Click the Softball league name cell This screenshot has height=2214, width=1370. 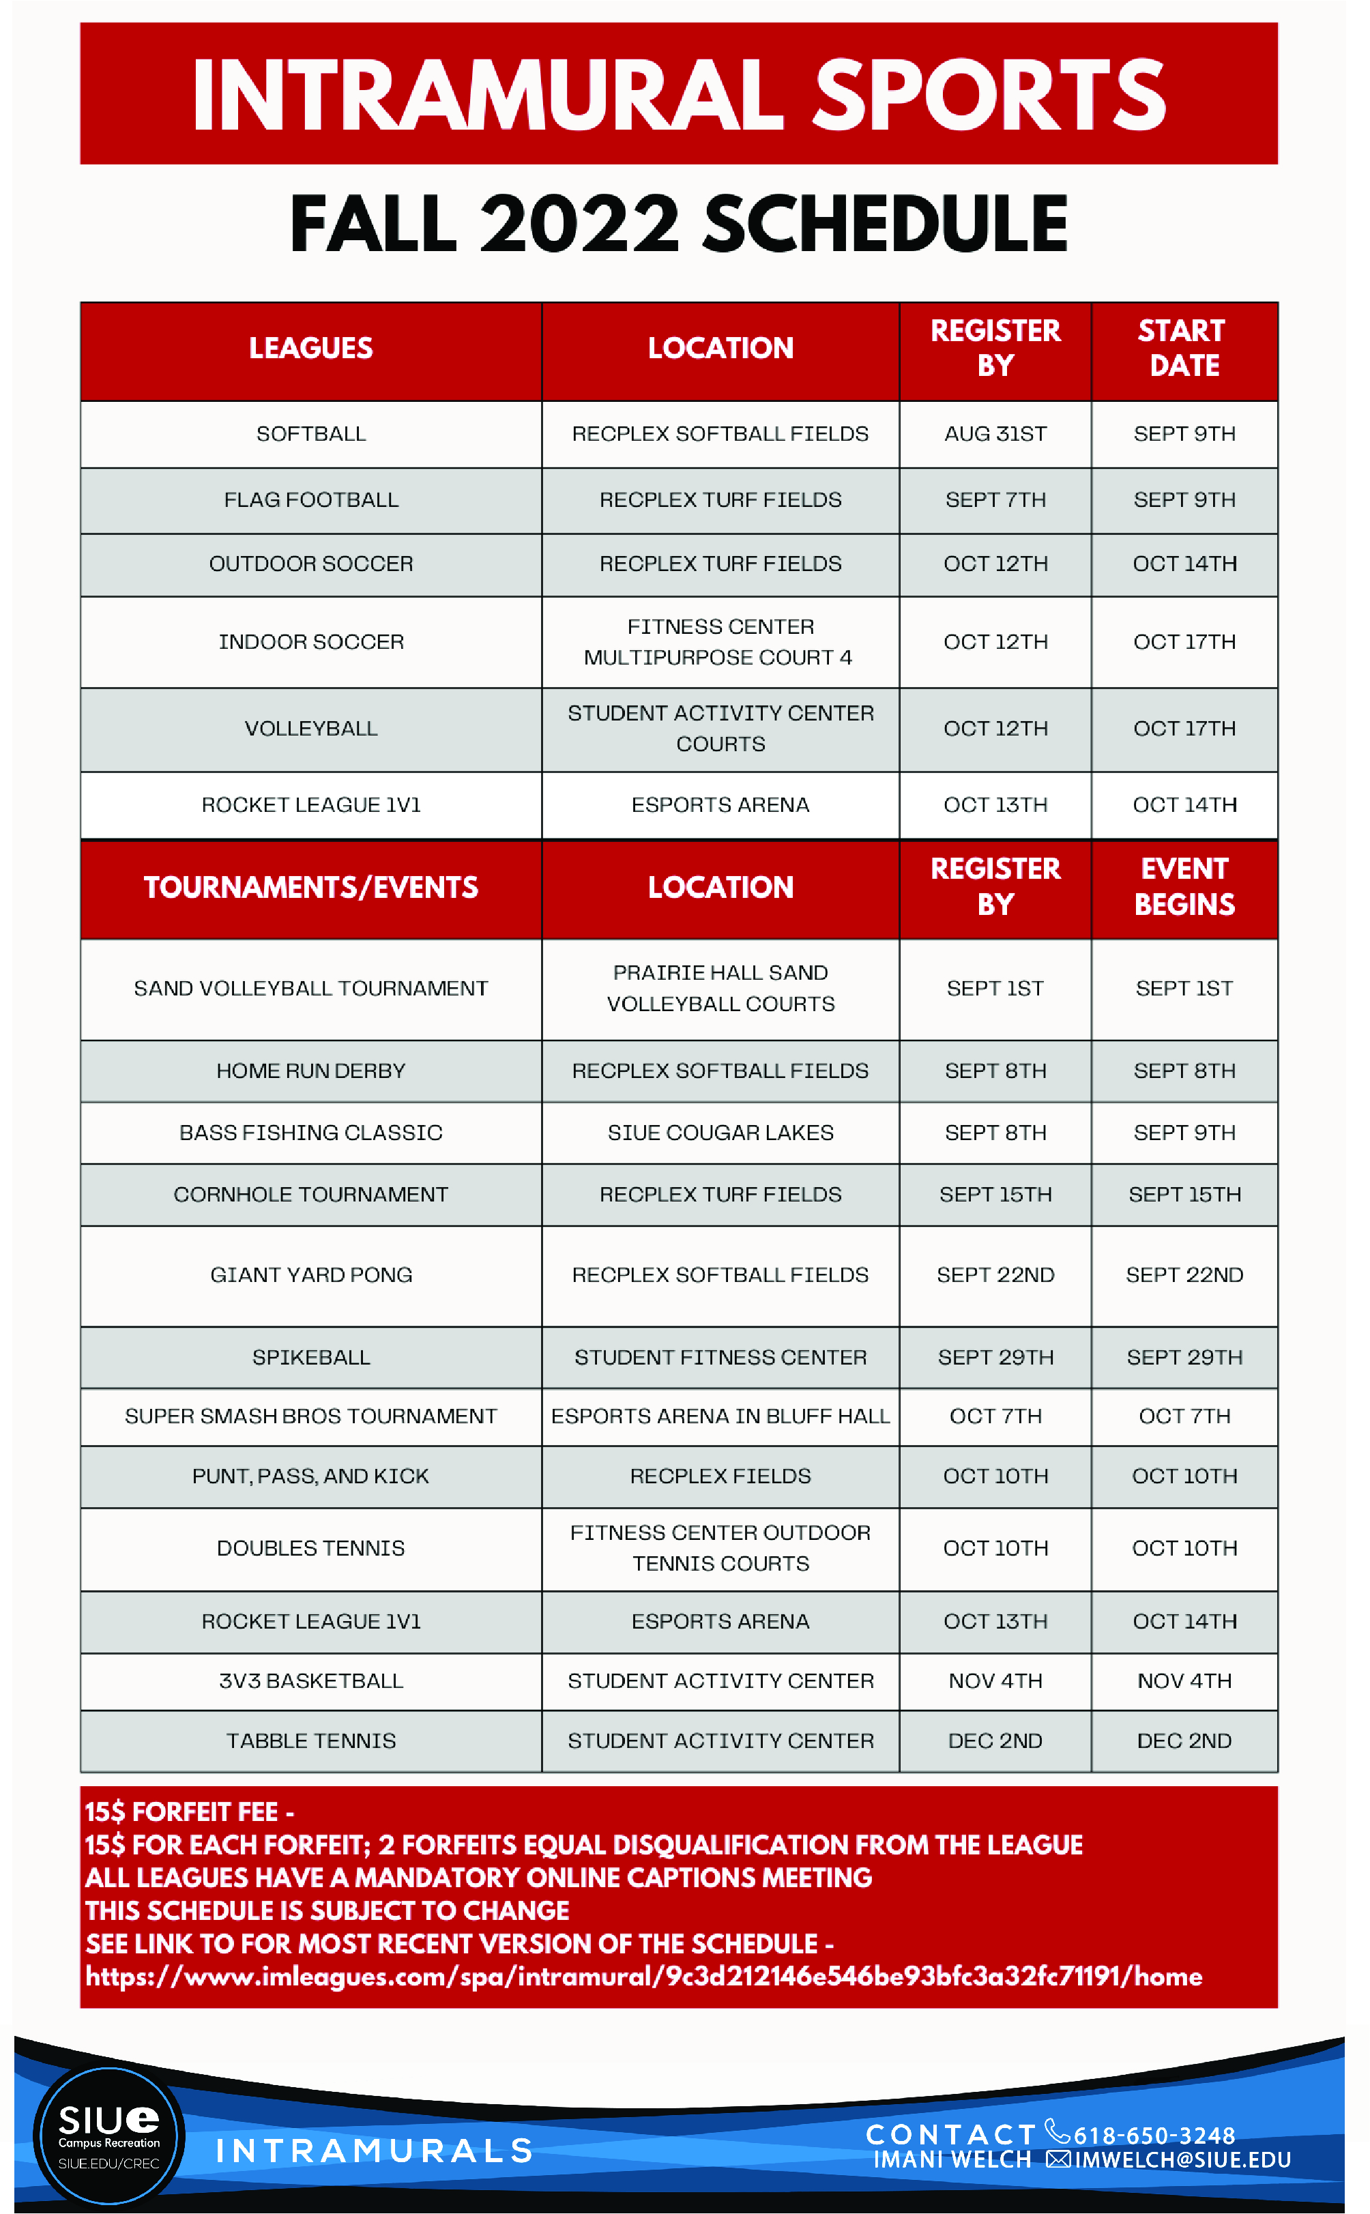(x=311, y=434)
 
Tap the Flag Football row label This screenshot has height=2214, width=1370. (x=311, y=500)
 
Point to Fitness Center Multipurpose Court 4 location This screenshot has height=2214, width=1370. (x=720, y=641)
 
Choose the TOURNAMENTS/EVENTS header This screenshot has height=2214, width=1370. (x=311, y=887)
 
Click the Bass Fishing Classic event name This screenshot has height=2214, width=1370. (x=311, y=1133)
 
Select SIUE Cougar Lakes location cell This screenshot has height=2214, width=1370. (x=720, y=1133)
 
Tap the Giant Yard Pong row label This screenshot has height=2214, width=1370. (x=311, y=1274)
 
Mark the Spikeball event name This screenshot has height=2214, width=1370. (x=311, y=1357)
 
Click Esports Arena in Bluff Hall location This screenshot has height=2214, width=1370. (x=720, y=1416)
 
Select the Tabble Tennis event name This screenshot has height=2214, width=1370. (x=311, y=1740)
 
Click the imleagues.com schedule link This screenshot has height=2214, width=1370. (x=643, y=1976)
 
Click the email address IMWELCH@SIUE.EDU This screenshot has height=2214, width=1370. (x=1182, y=2159)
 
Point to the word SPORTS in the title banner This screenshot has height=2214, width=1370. (x=989, y=95)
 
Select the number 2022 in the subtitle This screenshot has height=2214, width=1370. (x=579, y=224)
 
